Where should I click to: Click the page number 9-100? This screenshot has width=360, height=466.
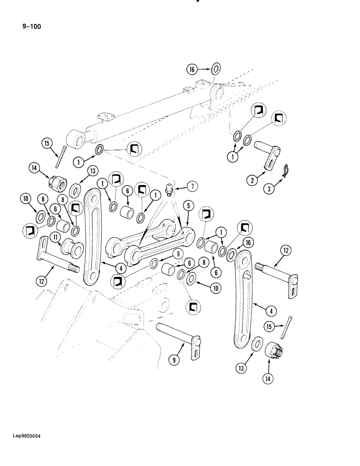coord(32,27)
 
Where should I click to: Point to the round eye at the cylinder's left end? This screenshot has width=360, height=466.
coord(78,139)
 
